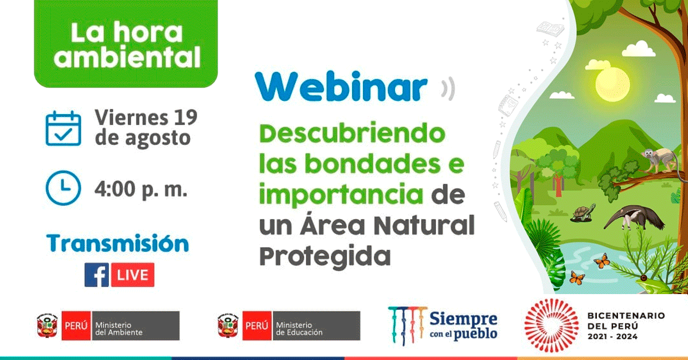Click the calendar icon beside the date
coord(63,128)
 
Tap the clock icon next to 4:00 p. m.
coord(63,187)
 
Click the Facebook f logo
coord(97,275)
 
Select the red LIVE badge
coord(132,275)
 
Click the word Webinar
coord(341,87)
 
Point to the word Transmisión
coord(118,243)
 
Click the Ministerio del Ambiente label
coord(119,328)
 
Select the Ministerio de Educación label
coord(299,328)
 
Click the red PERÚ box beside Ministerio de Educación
coord(257,326)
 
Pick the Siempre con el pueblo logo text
coord(463,326)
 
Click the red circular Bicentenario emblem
coord(552,325)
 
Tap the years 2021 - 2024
coord(612,336)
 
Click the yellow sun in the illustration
coord(612,84)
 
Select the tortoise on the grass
coord(583,213)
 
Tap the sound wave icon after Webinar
coord(448,88)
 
